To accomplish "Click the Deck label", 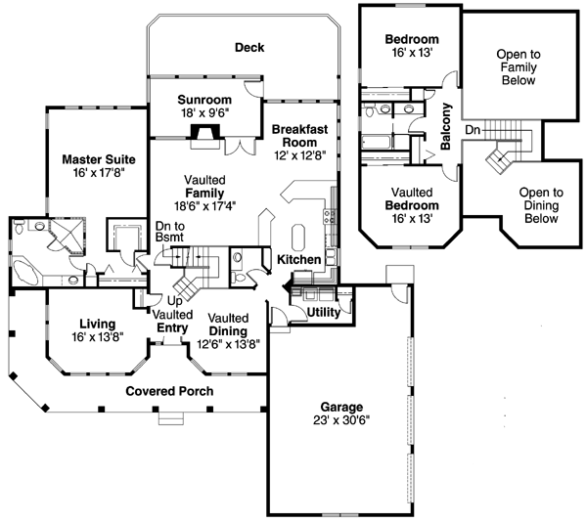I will (249, 47).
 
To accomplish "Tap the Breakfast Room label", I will (298, 135).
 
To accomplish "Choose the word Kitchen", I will (298, 260).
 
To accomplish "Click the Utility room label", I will (323, 310).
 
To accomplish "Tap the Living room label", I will (98, 324).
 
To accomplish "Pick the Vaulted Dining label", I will (228, 325).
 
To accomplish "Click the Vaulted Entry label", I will (172, 321).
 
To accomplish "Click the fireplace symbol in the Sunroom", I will (203, 134).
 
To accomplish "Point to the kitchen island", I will (299, 237).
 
